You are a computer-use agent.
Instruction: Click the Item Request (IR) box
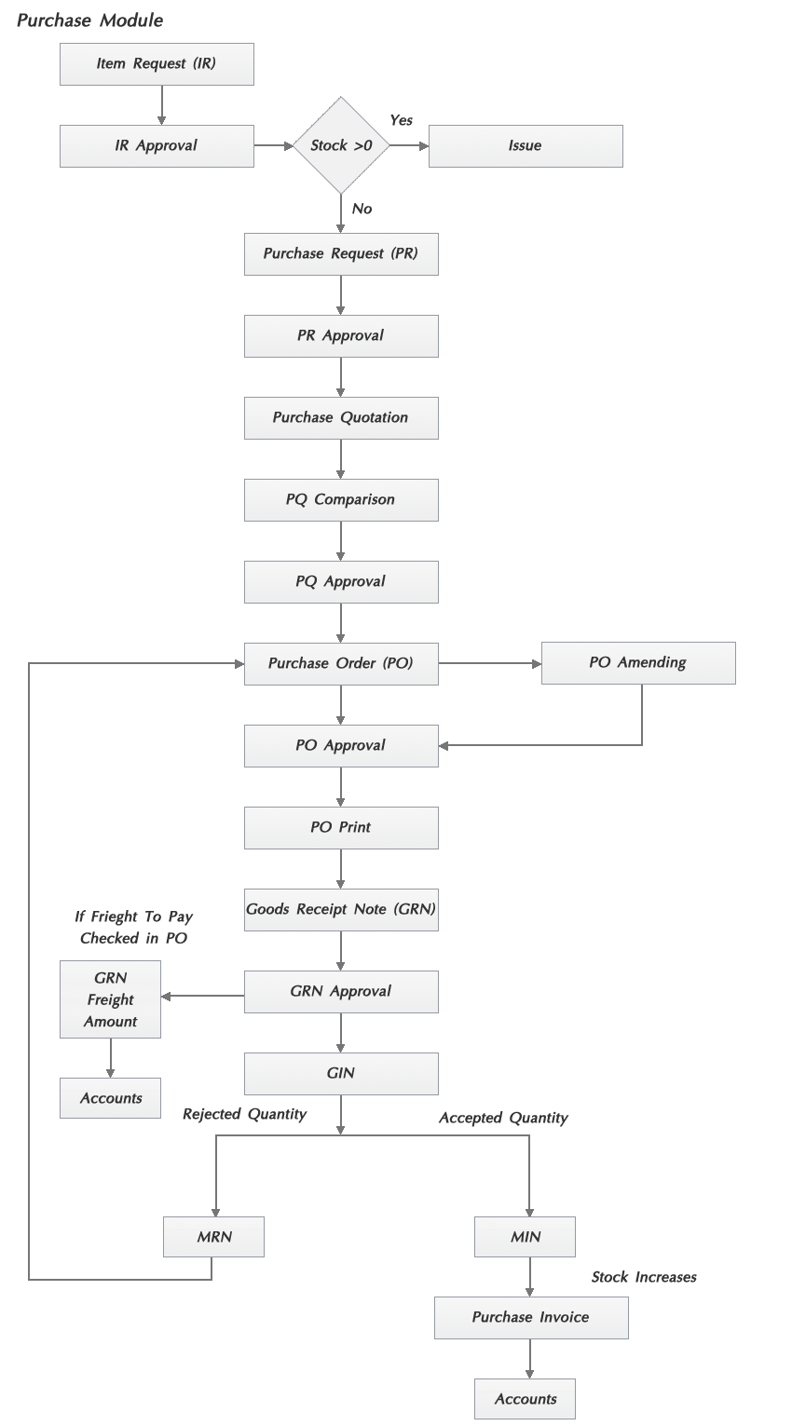click(x=157, y=64)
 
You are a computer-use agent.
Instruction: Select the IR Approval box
click(x=157, y=146)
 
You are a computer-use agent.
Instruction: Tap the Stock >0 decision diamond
click(x=342, y=145)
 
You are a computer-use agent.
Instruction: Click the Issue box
click(x=526, y=146)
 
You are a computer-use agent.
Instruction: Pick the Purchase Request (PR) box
click(x=341, y=254)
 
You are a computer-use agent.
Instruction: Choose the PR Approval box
click(x=341, y=336)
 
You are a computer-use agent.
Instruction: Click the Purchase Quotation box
click(x=341, y=418)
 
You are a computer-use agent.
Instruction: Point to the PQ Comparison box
click(x=341, y=500)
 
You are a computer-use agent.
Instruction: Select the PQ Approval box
click(x=341, y=582)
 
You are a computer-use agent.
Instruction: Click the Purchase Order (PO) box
click(x=341, y=664)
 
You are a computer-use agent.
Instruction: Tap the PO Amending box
click(x=638, y=663)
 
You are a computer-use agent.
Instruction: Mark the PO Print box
click(x=341, y=828)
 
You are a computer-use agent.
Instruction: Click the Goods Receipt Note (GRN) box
click(x=341, y=910)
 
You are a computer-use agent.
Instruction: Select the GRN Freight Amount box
click(x=110, y=999)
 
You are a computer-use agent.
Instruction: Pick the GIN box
click(x=341, y=1074)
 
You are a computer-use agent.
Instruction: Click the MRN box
click(x=213, y=1237)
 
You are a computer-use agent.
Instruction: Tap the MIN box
click(x=525, y=1237)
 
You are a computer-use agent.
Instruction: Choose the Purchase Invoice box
click(x=531, y=1318)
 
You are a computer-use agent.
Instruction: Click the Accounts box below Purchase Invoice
click(x=525, y=1399)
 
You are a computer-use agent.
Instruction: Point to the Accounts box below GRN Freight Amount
click(x=110, y=1098)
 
